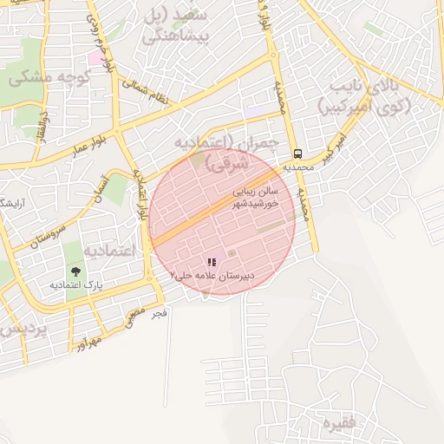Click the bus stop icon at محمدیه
[297, 147]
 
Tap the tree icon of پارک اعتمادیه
[73, 270]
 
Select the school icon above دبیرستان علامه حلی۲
[212, 262]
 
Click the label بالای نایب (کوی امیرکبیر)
[368, 97]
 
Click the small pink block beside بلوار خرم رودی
[94, 57]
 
